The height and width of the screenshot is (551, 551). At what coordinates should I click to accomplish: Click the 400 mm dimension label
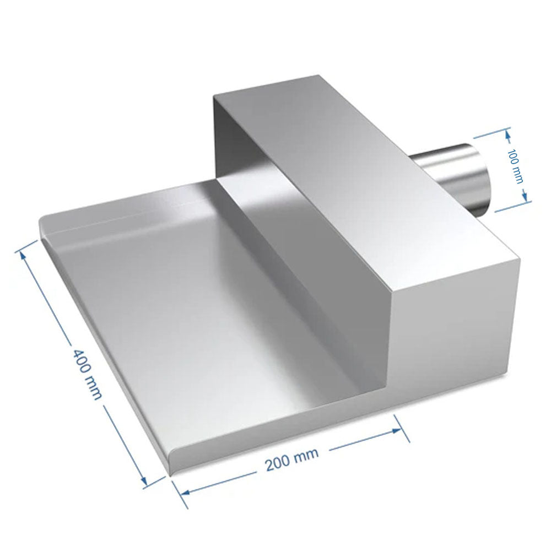[87, 374]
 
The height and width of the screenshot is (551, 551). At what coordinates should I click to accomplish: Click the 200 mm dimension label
[292, 460]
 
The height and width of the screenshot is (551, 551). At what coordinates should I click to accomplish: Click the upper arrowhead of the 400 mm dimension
[23, 256]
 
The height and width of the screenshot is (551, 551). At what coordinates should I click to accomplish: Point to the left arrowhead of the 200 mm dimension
[185, 492]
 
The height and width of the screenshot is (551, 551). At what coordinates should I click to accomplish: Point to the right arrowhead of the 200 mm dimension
[397, 430]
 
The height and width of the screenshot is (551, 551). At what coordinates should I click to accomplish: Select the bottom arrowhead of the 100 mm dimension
[525, 197]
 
